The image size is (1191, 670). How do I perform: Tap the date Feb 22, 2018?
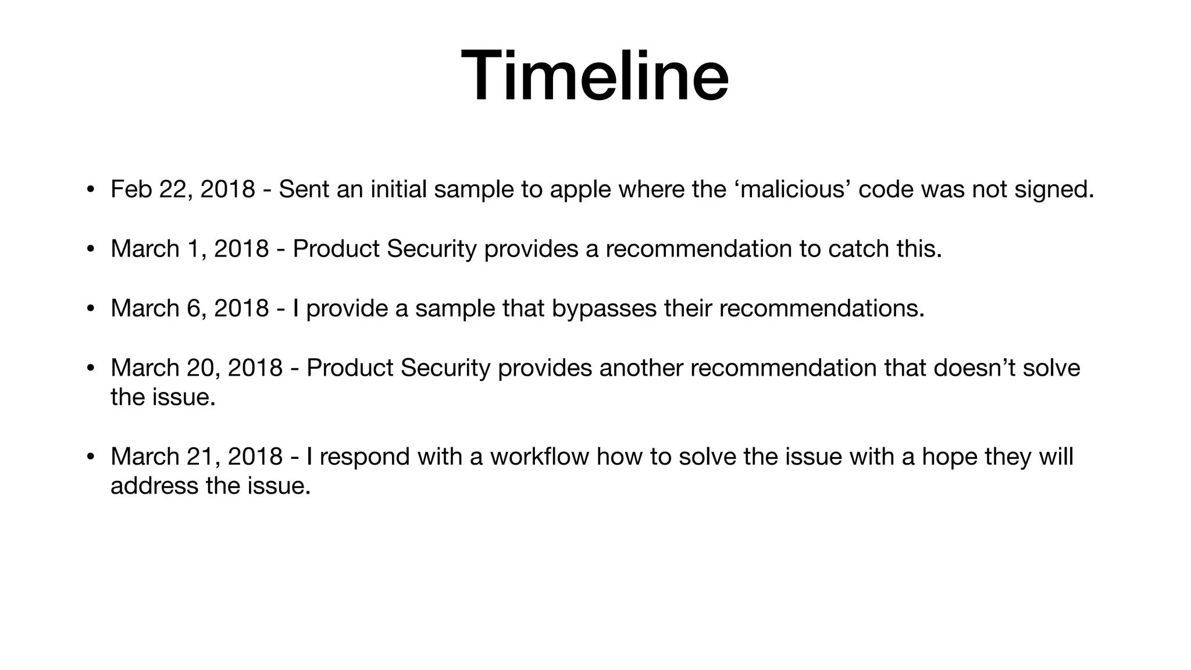pos(183,190)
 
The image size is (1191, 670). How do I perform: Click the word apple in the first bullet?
pos(580,190)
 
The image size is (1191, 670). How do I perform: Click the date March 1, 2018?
pos(190,249)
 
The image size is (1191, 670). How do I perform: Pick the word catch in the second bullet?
pos(858,249)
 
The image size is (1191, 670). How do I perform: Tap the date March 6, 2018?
pos(190,308)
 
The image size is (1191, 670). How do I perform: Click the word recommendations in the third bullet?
pos(821,308)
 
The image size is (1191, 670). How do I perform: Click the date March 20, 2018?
pos(197,368)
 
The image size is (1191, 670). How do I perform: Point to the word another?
pos(640,368)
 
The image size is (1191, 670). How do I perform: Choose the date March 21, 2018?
pos(197,457)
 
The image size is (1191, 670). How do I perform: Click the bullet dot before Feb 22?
pos(90,190)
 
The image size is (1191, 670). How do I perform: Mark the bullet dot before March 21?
pos(90,457)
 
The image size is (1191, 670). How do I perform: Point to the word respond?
pos(365,457)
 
